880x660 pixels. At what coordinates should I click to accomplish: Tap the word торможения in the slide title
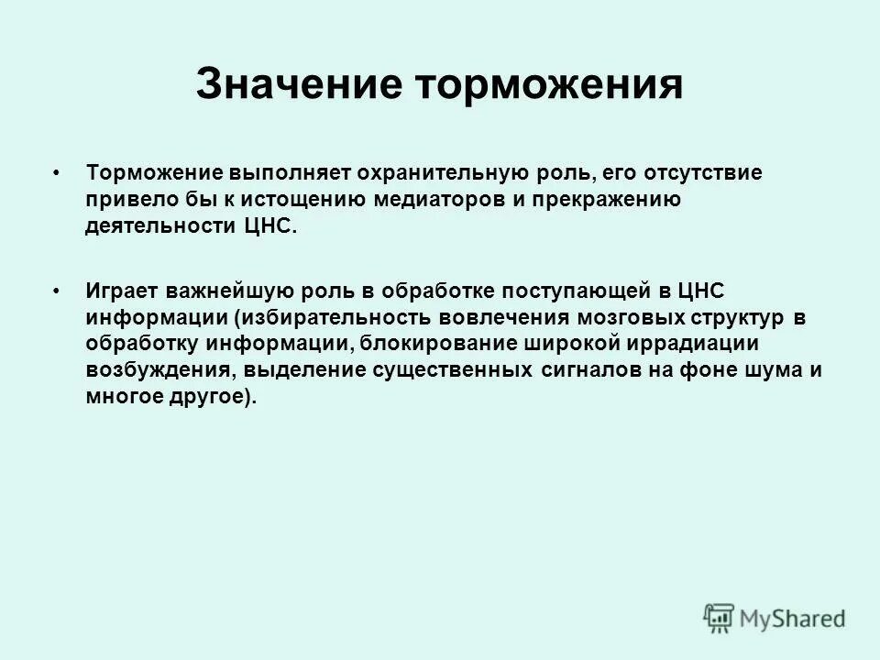pyautogui.click(x=550, y=85)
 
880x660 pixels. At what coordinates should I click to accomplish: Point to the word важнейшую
pyautogui.click(x=226, y=292)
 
